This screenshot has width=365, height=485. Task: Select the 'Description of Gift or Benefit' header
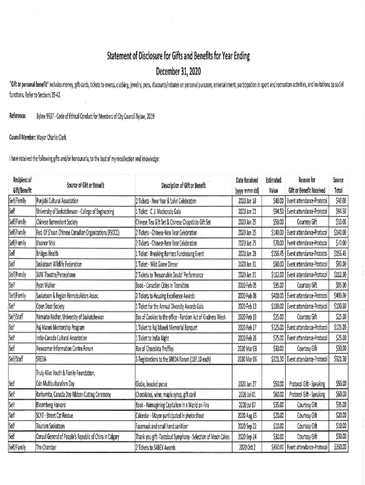[x=183, y=186]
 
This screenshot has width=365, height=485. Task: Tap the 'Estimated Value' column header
[x=274, y=186]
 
